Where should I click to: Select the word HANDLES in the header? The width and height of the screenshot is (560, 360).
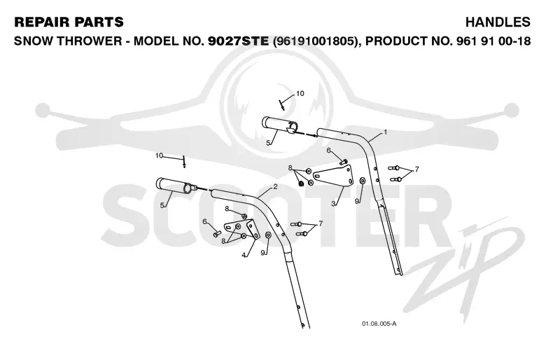coord(498,22)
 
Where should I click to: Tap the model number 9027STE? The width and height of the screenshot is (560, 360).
coord(238,41)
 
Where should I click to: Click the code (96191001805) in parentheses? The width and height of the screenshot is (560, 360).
coord(315,41)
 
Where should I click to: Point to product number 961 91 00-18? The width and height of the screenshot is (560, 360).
coord(493,41)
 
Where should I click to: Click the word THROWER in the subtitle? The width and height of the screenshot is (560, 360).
coord(90,41)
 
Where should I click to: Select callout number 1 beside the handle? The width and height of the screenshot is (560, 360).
coord(385,132)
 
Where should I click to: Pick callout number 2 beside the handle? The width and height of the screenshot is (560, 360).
coord(275,186)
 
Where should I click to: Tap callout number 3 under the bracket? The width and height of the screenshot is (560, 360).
coord(333,204)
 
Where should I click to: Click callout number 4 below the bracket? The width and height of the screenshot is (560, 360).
coord(244,255)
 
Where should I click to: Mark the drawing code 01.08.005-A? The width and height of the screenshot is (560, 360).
coord(379,324)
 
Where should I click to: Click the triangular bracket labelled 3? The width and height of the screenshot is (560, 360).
coord(334,176)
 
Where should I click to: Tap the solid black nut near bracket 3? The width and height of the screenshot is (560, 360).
coord(301,184)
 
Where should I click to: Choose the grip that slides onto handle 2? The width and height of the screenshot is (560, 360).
coord(176,186)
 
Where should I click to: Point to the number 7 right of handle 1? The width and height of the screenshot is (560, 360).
coord(416,169)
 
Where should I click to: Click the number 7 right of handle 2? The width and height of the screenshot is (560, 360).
coord(321,224)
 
